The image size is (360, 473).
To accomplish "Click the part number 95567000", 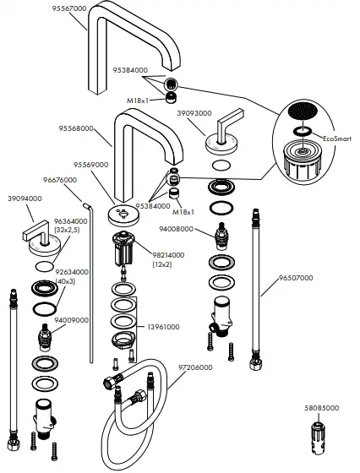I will tap(68, 8).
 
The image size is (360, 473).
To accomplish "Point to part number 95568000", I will tap(76, 129).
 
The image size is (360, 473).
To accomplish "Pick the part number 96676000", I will tap(60, 180).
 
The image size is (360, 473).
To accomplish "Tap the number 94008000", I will tap(177, 229).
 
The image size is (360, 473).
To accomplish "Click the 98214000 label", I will tap(170, 254).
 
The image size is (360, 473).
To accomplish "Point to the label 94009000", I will tap(72, 320).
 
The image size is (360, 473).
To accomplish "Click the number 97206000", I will tap(196, 367).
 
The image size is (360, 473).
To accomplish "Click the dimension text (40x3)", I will tap(67, 280).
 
